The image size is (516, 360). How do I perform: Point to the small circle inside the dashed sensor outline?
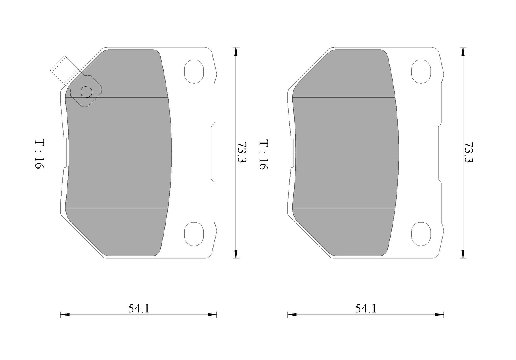pyautogui.click(x=86, y=92)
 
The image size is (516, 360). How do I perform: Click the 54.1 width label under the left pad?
pyautogui.click(x=139, y=308)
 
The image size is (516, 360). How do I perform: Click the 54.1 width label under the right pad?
pyautogui.click(x=366, y=308)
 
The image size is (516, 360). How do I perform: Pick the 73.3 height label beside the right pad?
pyautogui.click(x=469, y=152)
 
